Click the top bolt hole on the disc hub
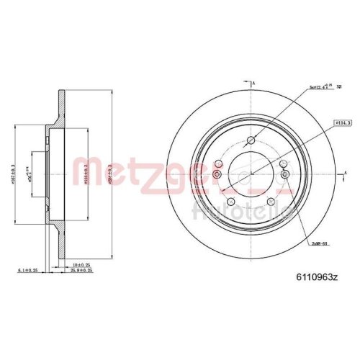pos(250,140)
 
